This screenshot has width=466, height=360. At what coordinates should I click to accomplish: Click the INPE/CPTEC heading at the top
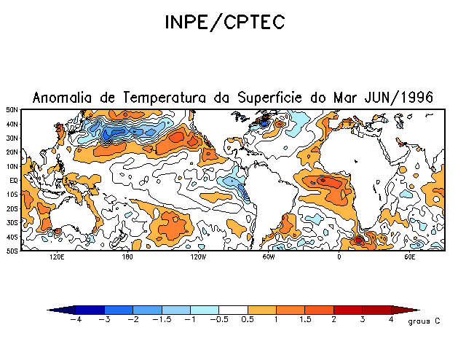pos(224,23)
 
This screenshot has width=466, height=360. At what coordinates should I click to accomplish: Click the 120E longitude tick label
pos(56,257)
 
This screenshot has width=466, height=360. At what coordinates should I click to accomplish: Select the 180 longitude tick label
pos(127,257)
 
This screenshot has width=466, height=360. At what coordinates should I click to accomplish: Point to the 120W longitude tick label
pos(197,257)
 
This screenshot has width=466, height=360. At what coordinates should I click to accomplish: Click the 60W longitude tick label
pos(268,257)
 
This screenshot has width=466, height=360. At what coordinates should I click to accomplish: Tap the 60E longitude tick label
pos(409,257)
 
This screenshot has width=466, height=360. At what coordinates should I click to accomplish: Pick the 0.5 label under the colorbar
pos(248,319)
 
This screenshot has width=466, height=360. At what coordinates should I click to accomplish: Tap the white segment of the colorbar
pos(234,310)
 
